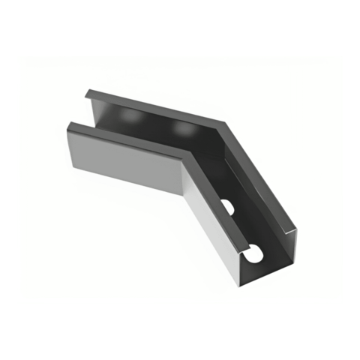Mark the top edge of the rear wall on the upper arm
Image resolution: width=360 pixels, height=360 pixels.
(x=157, y=106)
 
